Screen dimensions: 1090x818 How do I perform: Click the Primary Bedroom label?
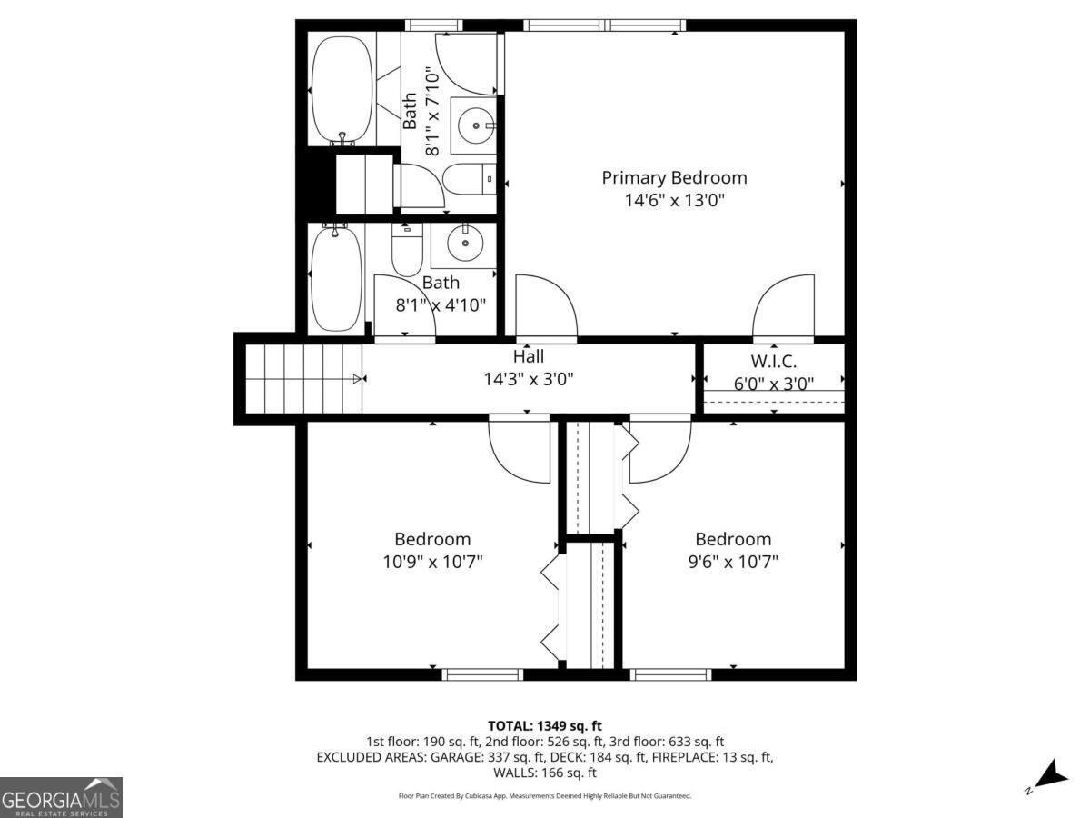(674, 178)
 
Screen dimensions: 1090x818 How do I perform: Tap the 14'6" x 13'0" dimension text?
(674, 200)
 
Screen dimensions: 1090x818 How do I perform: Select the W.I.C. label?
(774, 361)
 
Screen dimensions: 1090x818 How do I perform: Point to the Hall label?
(529, 356)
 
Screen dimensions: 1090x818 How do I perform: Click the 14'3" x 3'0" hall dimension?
(529, 379)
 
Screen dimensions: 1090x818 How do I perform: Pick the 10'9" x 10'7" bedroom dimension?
(432, 562)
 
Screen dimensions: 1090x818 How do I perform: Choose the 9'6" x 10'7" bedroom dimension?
(733, 562)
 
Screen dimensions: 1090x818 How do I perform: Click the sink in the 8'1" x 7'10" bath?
(475, 125)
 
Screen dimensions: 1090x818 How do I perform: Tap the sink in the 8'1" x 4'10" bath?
(465, 243)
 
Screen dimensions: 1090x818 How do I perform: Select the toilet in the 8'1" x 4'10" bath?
(407, 249)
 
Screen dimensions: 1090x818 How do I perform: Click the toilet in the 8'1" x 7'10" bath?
(469, 179)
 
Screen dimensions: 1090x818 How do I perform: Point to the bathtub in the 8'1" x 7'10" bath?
(342, 89)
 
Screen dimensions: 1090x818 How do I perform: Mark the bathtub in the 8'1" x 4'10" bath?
(336, 278)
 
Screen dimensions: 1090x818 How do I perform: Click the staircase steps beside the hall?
(304, 379)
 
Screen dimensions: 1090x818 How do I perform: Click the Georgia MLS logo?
(61, 797)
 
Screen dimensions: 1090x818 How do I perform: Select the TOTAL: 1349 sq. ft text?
(545, 726)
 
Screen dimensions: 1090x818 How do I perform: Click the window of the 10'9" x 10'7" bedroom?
(482, 674)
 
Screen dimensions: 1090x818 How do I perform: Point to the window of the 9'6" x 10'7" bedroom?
(670, 674)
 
